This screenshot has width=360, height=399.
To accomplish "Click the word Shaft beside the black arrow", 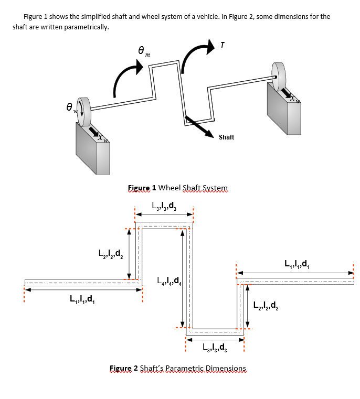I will point(226,137).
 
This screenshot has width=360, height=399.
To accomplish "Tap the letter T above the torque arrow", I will point(223,46).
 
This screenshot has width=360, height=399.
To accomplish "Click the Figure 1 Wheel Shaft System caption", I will point(178,188).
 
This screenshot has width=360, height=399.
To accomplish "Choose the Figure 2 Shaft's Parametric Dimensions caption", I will point(178,369).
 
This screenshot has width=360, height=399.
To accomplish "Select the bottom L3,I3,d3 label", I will point(215,347).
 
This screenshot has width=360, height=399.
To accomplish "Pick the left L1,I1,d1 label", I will point(82,300).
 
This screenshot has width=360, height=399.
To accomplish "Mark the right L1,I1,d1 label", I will point(297,264).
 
